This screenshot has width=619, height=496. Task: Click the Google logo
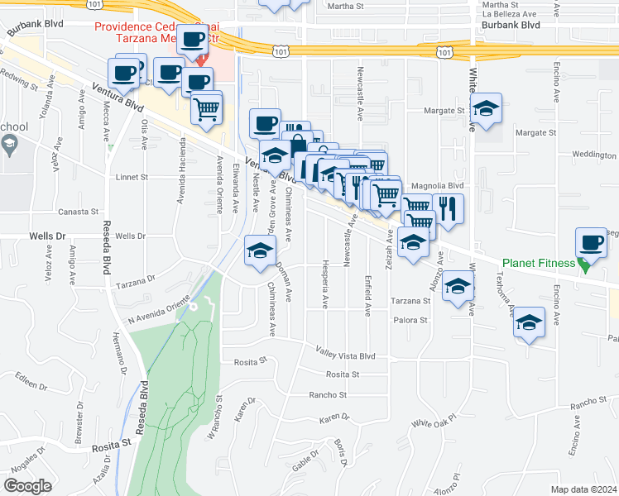pyautogui.click(x=27, y=485)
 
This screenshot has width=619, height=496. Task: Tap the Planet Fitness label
pyautogui.click(x=538, y=264)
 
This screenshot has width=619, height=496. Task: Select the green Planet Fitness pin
pyautogui.click(x=585, y=265)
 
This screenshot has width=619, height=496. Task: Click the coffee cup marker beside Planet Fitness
pyautogui.click(x=593, y=243)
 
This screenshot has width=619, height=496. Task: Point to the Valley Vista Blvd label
pyautogui.click(x=346, y=355)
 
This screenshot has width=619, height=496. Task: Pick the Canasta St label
pyautogui.click(x=119, y=211)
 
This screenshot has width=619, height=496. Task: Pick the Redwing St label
pyautogui.click(x=22, y=81)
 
